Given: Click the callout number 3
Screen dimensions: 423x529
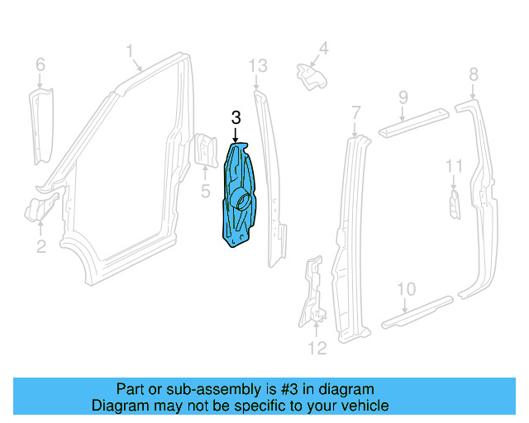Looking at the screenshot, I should click(236, 118).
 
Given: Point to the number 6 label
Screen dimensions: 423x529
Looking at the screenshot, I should click(40, 64).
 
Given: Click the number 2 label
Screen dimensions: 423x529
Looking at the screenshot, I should click(41, 245).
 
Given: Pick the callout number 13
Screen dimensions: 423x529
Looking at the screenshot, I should click(258, 65).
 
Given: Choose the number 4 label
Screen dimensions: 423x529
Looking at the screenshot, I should click(324, 49).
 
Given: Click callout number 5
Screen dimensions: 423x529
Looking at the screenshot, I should click(206, 193).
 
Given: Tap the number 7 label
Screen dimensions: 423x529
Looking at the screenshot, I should click(356, 112).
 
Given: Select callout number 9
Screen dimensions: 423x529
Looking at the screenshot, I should click(403, 97).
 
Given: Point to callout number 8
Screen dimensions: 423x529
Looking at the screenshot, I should click(474, 75).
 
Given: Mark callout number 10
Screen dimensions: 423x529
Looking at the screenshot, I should click(406, 288).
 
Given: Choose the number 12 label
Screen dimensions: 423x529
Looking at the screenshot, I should click(317, 349).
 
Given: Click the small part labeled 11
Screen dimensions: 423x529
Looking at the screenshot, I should click(455, 204).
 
